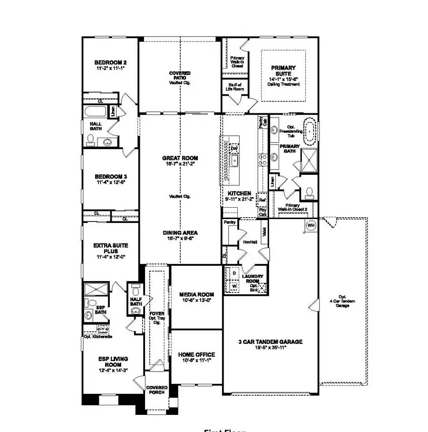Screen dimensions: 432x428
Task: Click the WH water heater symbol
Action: pos(311,225)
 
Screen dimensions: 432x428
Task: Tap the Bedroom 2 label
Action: pos(110,62)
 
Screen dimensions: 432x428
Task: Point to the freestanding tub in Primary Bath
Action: pos(310,131)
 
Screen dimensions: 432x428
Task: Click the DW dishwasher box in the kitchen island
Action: pos(234,149)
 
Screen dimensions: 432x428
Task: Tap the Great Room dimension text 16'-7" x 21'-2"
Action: pos(180,163)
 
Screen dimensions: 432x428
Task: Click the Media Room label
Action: pos(196,295)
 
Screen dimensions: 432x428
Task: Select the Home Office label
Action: pos(196,355)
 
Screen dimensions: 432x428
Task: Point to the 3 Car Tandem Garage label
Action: pos(270,342)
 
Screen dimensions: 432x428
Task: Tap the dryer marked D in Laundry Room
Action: pos(234,273)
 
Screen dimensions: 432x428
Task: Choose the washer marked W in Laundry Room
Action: pos(234,286)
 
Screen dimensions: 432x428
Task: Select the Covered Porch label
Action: pos(156,390)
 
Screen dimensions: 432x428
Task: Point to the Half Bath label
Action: pos(136,301)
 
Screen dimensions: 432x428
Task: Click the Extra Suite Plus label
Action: pos(110,248)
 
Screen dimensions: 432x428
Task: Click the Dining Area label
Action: pos(180,233)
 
